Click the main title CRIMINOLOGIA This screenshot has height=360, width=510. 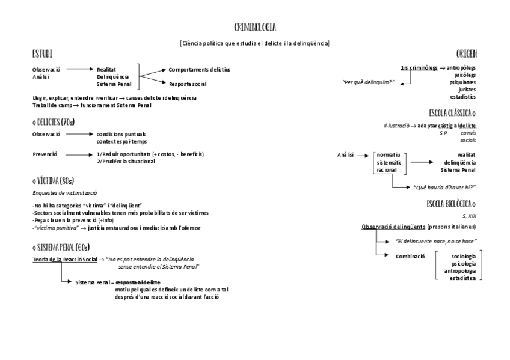coord(255,28)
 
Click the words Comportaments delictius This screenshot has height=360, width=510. coord(199,69)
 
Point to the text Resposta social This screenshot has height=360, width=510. coord(188,84)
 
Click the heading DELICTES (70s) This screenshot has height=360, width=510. coord(54,122)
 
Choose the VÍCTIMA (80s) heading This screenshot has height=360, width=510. coord(53,180)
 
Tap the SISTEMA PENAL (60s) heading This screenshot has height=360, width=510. coord(61,247)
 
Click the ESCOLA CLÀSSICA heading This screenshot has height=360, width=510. coord(452,112)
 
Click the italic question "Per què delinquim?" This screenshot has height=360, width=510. coord(369,82)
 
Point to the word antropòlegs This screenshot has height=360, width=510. coord(461,68)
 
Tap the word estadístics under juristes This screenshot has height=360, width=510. coord(462,97)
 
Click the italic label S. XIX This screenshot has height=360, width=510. coord(469,215)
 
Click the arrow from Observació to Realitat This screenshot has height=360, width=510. coord(79,69)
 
